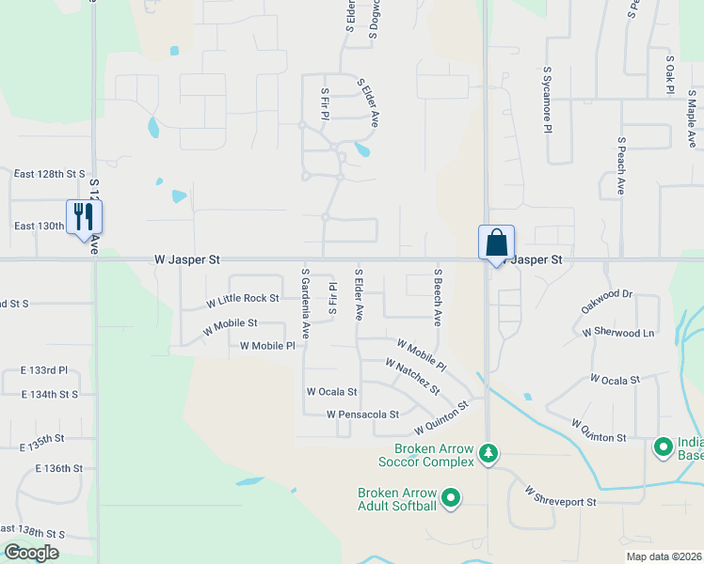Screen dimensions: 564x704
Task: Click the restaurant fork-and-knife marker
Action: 85,217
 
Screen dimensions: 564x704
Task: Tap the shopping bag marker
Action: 496,243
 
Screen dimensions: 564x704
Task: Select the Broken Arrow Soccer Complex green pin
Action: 488,454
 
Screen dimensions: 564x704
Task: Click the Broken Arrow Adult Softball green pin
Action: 451,497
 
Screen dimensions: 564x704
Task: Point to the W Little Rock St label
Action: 243,299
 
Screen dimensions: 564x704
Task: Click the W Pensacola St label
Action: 362,414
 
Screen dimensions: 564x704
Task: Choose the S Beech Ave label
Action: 438,296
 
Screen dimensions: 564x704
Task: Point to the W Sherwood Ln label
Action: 617,333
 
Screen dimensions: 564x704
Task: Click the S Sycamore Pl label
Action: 547,100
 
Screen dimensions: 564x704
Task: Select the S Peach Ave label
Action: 621,165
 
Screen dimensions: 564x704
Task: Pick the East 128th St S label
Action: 49,174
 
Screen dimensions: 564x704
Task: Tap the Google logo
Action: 31,553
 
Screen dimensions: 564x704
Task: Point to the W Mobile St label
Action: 230,323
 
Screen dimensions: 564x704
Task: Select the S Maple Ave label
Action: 692,118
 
